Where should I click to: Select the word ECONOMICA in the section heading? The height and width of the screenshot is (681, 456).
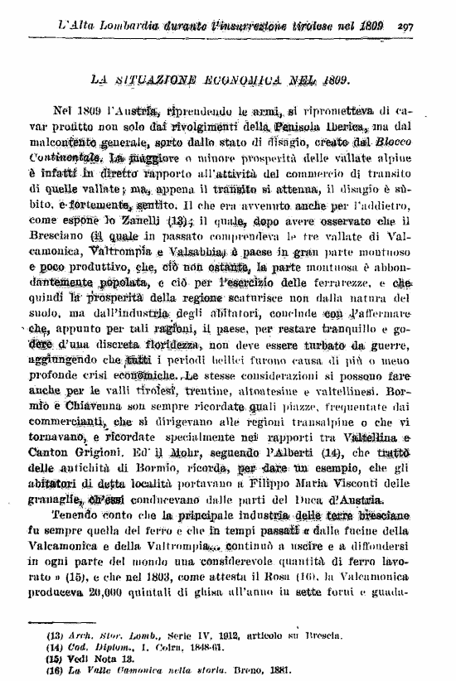[x=254, y=81]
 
